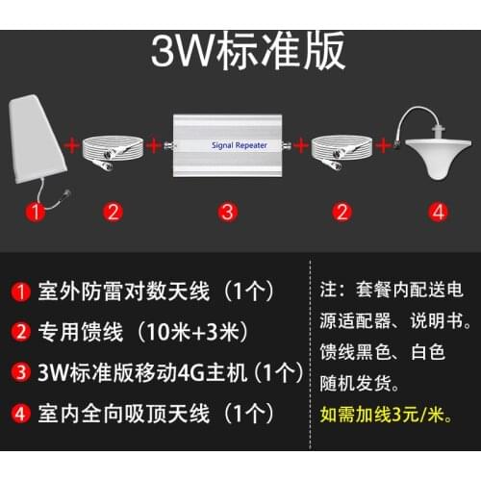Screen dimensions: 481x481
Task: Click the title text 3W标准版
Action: pyautogui.click(x=247, y=53)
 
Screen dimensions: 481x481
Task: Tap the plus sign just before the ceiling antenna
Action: pyautogui.click(x=386, y=147)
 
